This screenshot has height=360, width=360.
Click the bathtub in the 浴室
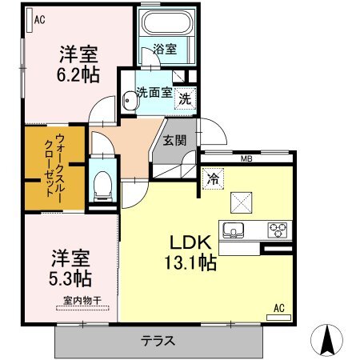167,22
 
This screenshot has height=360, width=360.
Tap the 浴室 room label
165,49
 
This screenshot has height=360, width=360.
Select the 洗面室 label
154,93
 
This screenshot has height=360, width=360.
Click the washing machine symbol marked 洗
185,99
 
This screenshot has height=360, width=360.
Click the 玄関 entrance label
174,141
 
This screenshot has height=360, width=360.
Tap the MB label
246,159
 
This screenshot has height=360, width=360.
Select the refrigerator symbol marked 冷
213,179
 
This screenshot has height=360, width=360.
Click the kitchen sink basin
234,230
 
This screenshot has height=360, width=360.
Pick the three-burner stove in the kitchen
278,230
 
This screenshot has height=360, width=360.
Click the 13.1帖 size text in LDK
190,262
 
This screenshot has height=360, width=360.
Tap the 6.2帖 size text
78,74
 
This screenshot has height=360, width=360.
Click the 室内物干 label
82,301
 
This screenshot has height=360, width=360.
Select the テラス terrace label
158,341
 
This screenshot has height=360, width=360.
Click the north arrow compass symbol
326,340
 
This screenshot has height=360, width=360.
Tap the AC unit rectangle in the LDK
278,318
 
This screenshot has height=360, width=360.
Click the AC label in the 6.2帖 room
39,20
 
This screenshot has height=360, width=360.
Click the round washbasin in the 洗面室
129,101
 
